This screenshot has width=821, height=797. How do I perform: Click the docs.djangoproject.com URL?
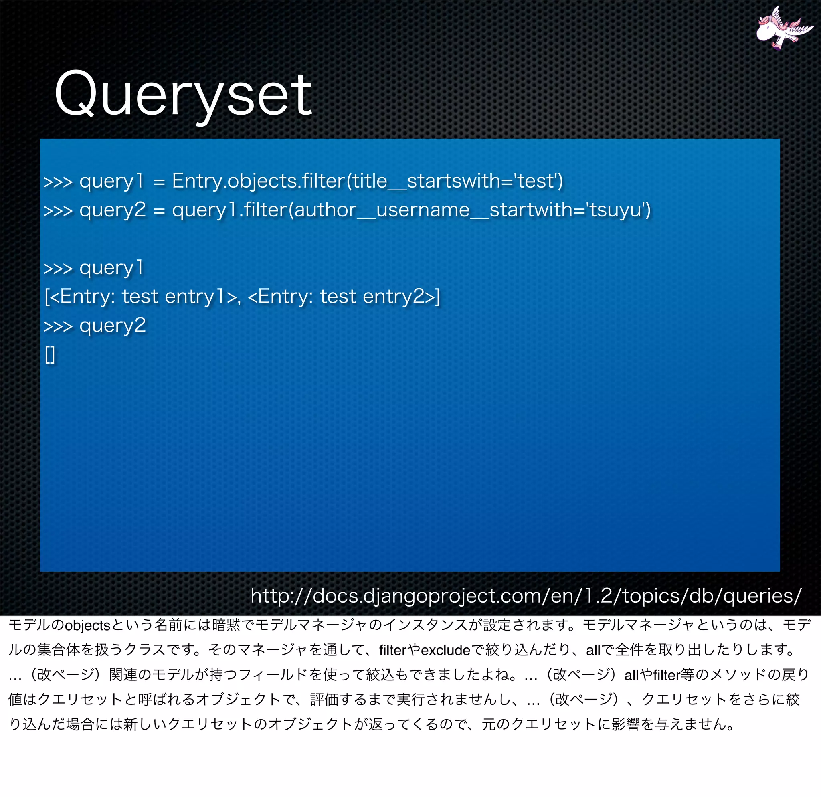pos(526,595)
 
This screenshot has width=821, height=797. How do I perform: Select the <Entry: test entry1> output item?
pos(141,297)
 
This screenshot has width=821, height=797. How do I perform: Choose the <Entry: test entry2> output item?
pos(342,297)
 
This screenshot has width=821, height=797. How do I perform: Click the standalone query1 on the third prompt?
pos(111,268)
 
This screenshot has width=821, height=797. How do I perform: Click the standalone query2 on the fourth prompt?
pos(112,326)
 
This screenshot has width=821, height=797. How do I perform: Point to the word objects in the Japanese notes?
pos(87,626)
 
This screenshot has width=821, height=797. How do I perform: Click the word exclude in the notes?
pos(445,650)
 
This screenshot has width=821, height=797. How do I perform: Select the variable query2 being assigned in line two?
pos(112,210)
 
